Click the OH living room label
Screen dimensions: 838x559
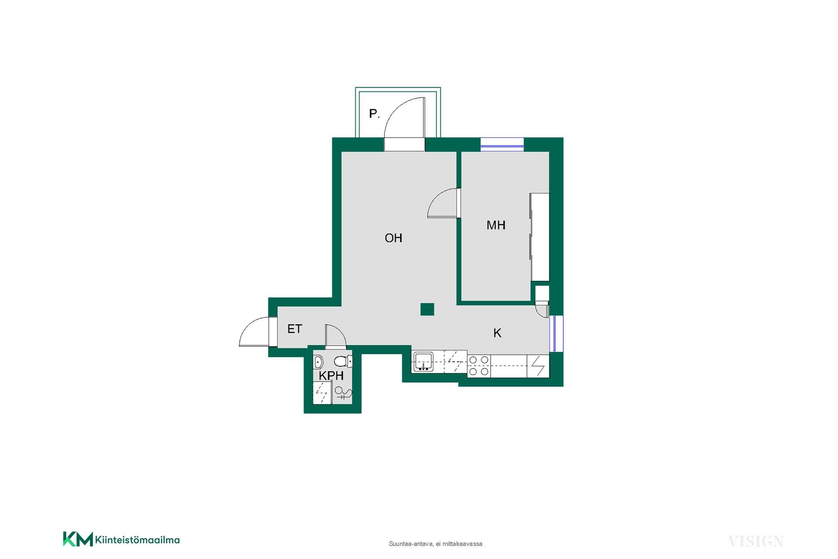393,238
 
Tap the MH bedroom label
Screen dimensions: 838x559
496,225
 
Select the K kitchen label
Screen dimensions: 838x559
497,333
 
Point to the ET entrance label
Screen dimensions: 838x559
295,329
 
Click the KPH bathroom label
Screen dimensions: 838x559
331,376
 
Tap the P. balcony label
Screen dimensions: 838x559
374,114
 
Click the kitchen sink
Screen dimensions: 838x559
423,362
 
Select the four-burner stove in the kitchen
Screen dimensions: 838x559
479,366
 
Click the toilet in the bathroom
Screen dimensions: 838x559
343,361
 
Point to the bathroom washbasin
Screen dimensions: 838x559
318,362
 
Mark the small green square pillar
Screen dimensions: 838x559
427,309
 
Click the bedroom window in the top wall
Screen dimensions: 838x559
502,145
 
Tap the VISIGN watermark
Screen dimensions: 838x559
756,542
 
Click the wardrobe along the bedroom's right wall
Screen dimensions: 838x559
539,237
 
